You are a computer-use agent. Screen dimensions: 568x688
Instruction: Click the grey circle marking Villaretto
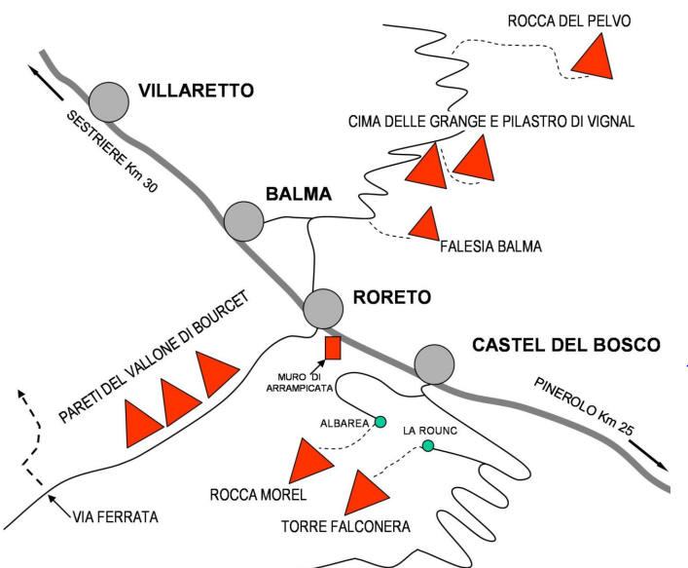(x=109, y=101)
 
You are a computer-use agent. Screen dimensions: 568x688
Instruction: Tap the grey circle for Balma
(x=244, y=221)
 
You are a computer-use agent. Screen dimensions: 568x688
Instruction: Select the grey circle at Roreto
(x=323, y=309)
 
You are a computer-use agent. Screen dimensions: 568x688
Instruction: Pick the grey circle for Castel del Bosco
(x=434, y=364)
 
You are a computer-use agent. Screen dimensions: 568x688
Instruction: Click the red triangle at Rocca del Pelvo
(x=595, y=57)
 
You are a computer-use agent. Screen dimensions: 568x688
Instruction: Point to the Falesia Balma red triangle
(x=424, y=225)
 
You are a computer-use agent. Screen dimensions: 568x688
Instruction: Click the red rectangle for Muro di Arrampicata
(x=333, y=348)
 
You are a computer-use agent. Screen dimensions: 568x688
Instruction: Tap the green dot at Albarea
(x=380, y=422)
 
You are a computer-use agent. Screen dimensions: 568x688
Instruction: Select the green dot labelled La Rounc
(x=427, y=446)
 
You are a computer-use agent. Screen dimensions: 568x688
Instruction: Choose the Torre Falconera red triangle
(x=367, y=493)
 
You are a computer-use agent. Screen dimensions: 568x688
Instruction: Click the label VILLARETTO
(x=196, y=91)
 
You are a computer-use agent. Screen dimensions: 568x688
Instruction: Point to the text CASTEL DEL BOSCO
(x=565, y=345)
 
